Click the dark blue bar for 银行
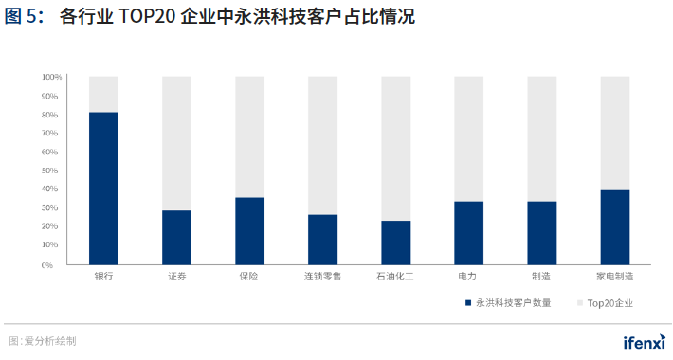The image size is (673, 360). click(x=103, y=189)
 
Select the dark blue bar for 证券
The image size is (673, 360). click(x=176, y=238)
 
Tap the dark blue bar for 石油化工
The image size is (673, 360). click(x=395, y=243)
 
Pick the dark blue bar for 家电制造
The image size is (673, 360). click(x=614, y=227)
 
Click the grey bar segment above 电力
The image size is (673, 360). click(x=468, y=138)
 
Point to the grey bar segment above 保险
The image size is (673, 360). click(x=249, y=136)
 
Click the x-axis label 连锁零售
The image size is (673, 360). click(x=322, y=277)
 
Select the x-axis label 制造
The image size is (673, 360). click(x=541, y=277)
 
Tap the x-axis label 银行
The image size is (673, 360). click(x=103, y=277)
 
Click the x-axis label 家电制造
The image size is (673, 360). click(x=614, y=277)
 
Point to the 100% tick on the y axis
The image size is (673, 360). click(x=52, y=77)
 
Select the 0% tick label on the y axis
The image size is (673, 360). click(x=56, y=264)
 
